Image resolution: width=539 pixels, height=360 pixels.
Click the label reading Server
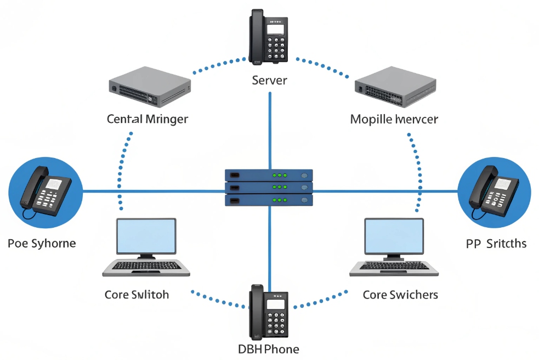coord(269,80)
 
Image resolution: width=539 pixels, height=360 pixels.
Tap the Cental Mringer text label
coord(147,119)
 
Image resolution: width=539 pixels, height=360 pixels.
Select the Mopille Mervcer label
coord(394,119)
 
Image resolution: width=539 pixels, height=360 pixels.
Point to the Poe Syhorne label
coord(42,243)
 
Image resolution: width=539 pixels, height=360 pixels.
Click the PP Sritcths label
coord(496,243)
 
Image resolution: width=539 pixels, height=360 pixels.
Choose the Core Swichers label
coord(400,295)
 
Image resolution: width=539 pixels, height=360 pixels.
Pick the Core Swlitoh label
coord(137,295)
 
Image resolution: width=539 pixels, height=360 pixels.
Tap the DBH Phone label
coord(269,349)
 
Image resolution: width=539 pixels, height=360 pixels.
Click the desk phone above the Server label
coord(269,36)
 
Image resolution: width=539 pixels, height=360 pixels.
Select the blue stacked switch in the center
coord(269,188)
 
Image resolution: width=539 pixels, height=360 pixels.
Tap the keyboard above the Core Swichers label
coord(394,266)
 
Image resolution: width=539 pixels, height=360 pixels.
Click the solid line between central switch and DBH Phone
coord(270,244)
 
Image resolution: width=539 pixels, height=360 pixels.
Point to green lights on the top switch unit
coord(280,175)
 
